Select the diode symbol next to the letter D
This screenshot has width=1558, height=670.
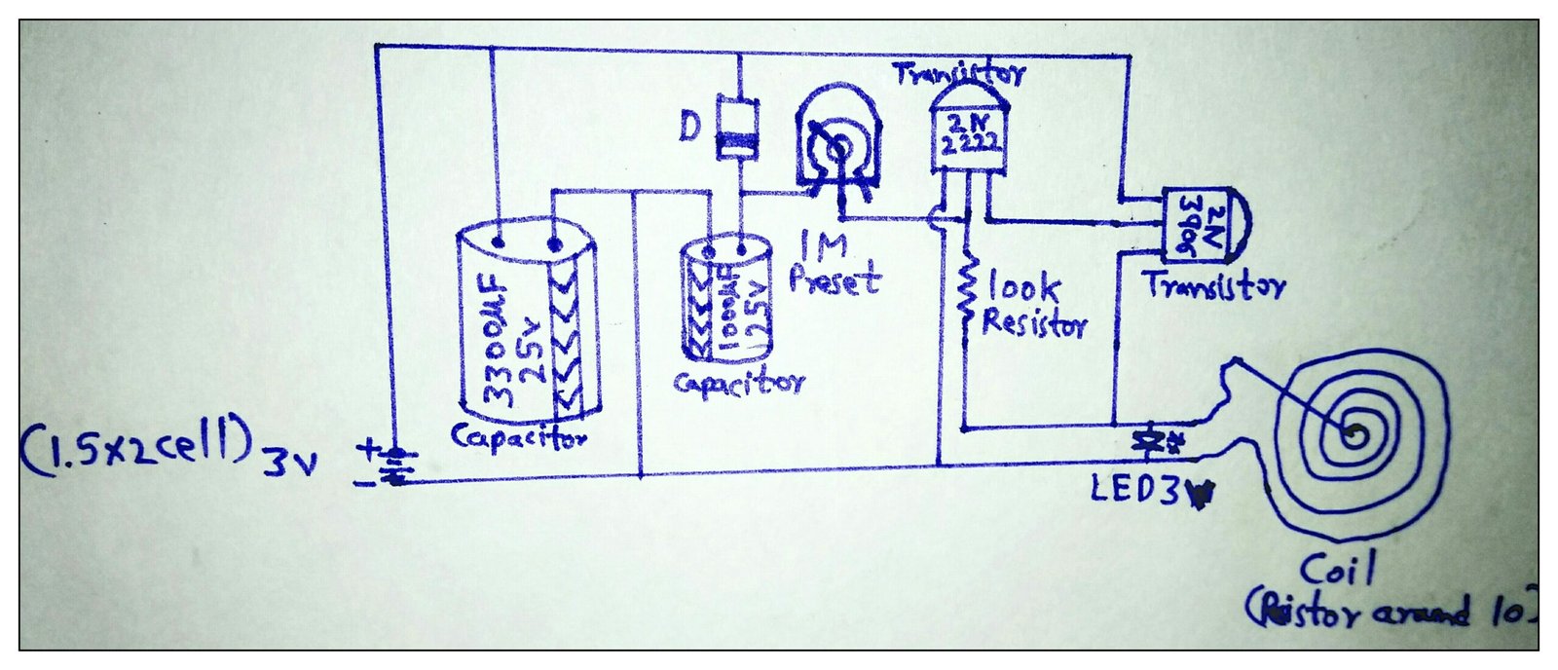[736, 128]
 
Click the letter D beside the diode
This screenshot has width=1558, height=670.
[689, 127]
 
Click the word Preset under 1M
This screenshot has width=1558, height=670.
[835, 279]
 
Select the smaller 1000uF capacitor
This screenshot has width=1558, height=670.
[725, 301]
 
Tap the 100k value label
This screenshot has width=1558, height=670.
[1022, 287]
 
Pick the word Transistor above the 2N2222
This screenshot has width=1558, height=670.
[958, 73]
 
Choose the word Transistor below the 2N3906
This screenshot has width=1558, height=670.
[1213, 286]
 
